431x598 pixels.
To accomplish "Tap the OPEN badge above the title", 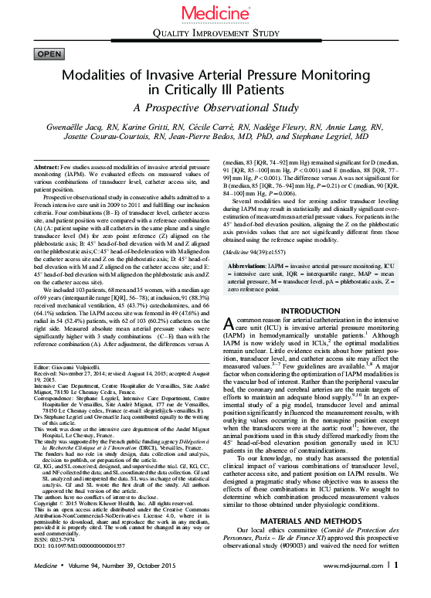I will point(49,53).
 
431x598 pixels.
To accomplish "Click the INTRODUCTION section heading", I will point(311,311).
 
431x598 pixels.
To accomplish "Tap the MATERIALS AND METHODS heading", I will point(311,542).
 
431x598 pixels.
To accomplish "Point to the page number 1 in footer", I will point(396,585).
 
